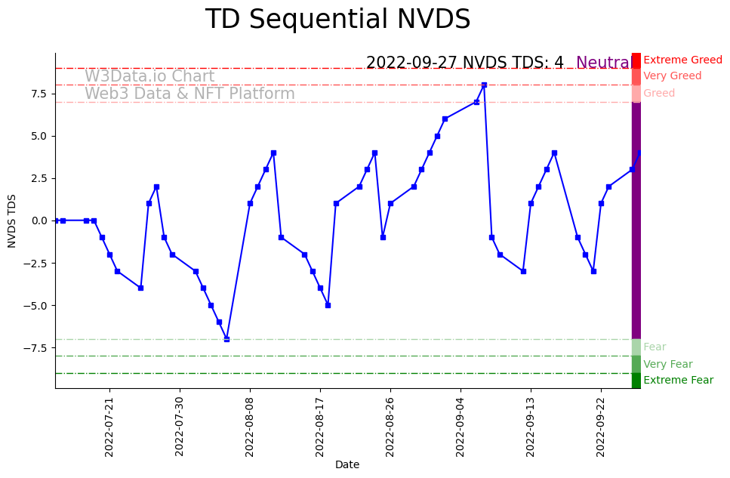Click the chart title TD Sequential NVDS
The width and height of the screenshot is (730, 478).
point(337,20)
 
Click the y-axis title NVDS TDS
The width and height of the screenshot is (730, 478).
point(12,220)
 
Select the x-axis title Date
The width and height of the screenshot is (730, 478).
point(347,465)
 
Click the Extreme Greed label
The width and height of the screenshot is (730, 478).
point(682,60)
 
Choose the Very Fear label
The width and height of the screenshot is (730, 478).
point(667,364)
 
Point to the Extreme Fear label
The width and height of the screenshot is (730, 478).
point(678,381)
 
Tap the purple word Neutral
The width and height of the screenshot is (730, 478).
point(603,63)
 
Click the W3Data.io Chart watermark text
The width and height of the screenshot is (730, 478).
point(149,76)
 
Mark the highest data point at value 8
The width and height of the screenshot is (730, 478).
point(484,85)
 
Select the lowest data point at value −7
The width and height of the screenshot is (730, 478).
point(226,339)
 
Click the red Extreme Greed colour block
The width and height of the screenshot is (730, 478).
point(636,60)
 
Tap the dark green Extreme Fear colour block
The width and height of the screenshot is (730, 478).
point(636,381)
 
